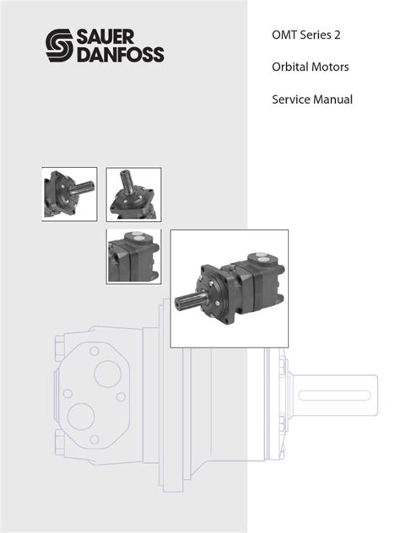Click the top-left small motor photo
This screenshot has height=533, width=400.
tap(69, 194)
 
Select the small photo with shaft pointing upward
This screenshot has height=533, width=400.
tap(133, 194)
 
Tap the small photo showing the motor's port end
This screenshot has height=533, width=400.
tap(133, 256)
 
